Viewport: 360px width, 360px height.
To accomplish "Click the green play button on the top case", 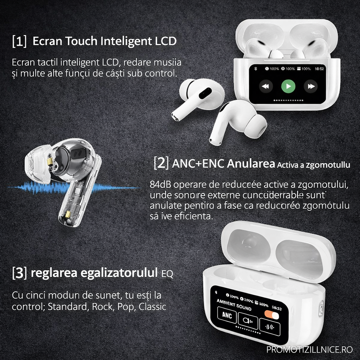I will [x=288, y=86].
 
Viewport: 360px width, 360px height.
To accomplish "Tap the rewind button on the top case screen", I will [x=266, y=86].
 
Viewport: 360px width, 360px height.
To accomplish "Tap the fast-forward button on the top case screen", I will [x=310, y=86].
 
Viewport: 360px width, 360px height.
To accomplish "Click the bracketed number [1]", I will [x=19, y=41].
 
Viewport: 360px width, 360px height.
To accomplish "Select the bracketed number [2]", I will [x=161, y=164].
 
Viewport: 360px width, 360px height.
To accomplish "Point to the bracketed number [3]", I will [x=19, y=273].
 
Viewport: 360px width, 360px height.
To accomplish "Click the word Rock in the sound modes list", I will [x=102, y=307].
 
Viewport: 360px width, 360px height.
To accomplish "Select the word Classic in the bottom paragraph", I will [x=152, y=307].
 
